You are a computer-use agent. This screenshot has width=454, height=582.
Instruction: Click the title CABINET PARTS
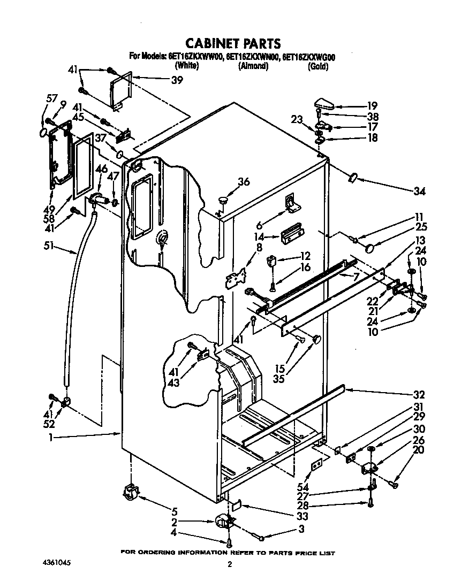click(232, 43)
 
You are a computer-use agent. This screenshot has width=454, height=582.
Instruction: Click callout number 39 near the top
click(177, 80)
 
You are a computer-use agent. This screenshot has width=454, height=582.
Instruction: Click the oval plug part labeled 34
click(353, 177)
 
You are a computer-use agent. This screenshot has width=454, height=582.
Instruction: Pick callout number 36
click(244, 182)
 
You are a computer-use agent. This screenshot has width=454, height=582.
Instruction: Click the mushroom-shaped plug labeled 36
click(223, 200)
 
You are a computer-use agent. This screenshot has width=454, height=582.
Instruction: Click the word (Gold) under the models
click(317, 67)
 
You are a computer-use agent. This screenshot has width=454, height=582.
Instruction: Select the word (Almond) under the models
click(253, 67)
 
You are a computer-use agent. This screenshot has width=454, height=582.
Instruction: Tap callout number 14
click(259, 235)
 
